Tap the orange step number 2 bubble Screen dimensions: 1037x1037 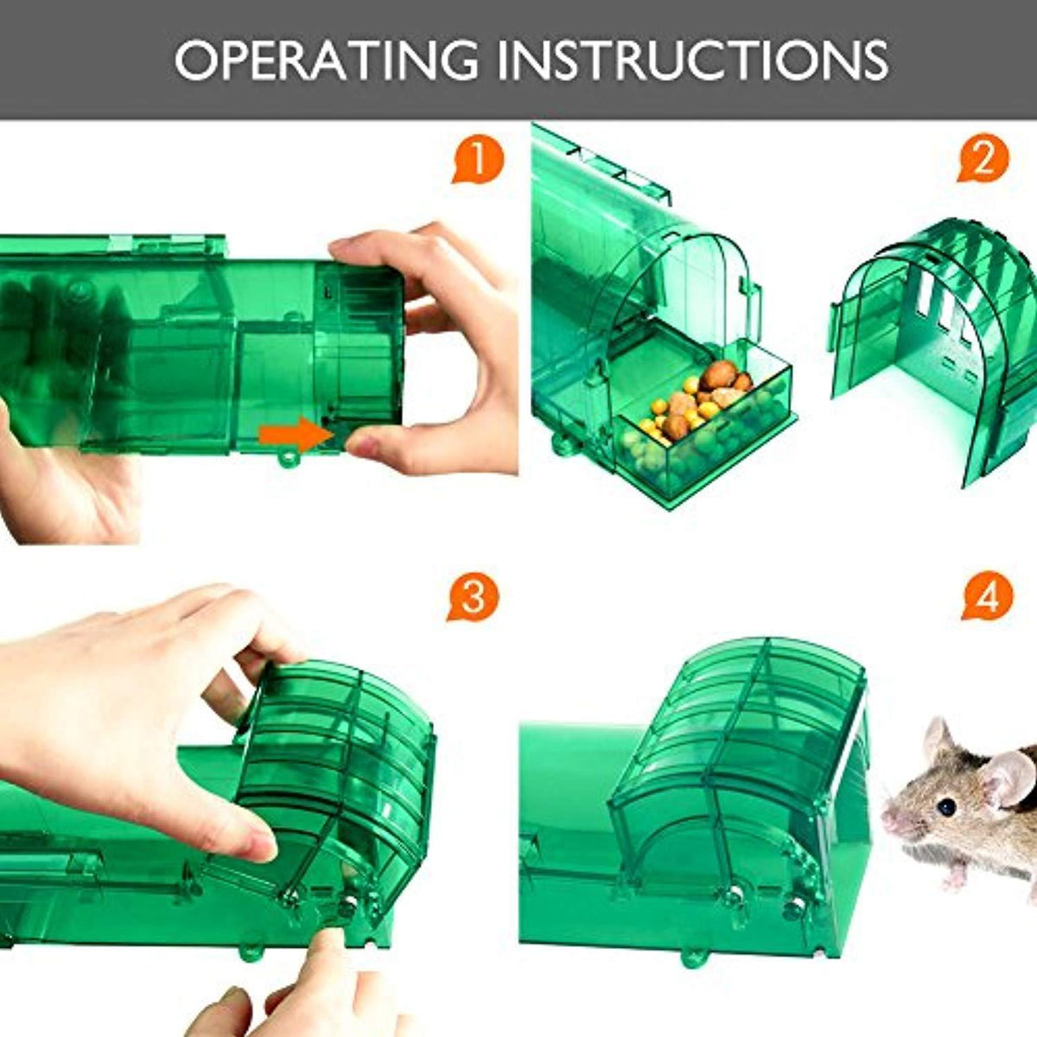click(x=983, y=161)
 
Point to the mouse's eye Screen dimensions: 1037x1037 click(x=947, y=807)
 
